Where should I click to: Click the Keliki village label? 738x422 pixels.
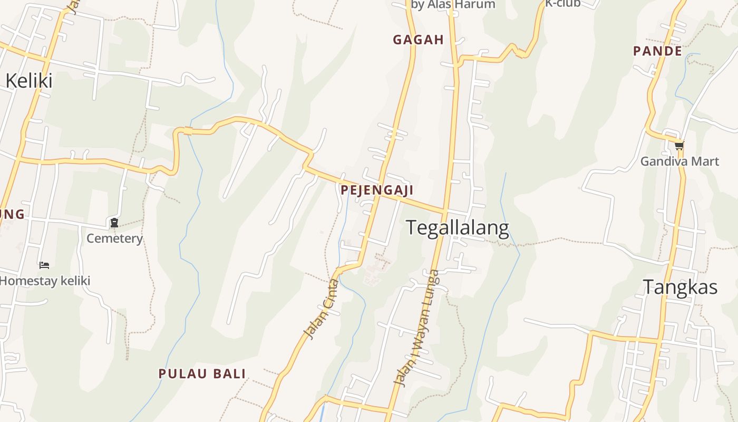[29, 81]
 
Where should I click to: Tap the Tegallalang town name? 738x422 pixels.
[458, 228]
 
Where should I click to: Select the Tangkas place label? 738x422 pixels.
[680, 287]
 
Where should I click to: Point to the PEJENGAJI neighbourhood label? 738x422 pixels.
[377, 190]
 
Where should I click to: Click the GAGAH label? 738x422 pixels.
[419, 40]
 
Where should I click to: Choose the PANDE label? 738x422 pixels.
[658, 51]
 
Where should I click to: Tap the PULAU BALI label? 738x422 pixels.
[202, 374]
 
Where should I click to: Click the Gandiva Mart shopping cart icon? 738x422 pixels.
[679, 146]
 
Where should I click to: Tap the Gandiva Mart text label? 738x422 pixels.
[679, 161]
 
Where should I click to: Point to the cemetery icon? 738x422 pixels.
[114, 223]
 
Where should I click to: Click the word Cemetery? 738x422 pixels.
[114, 238]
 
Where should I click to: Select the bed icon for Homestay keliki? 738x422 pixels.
[44, 265]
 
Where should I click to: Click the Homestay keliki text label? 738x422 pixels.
[45, 281]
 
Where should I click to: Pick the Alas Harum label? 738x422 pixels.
[453, 5]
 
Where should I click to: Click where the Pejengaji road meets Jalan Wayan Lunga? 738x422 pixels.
[446, 212]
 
